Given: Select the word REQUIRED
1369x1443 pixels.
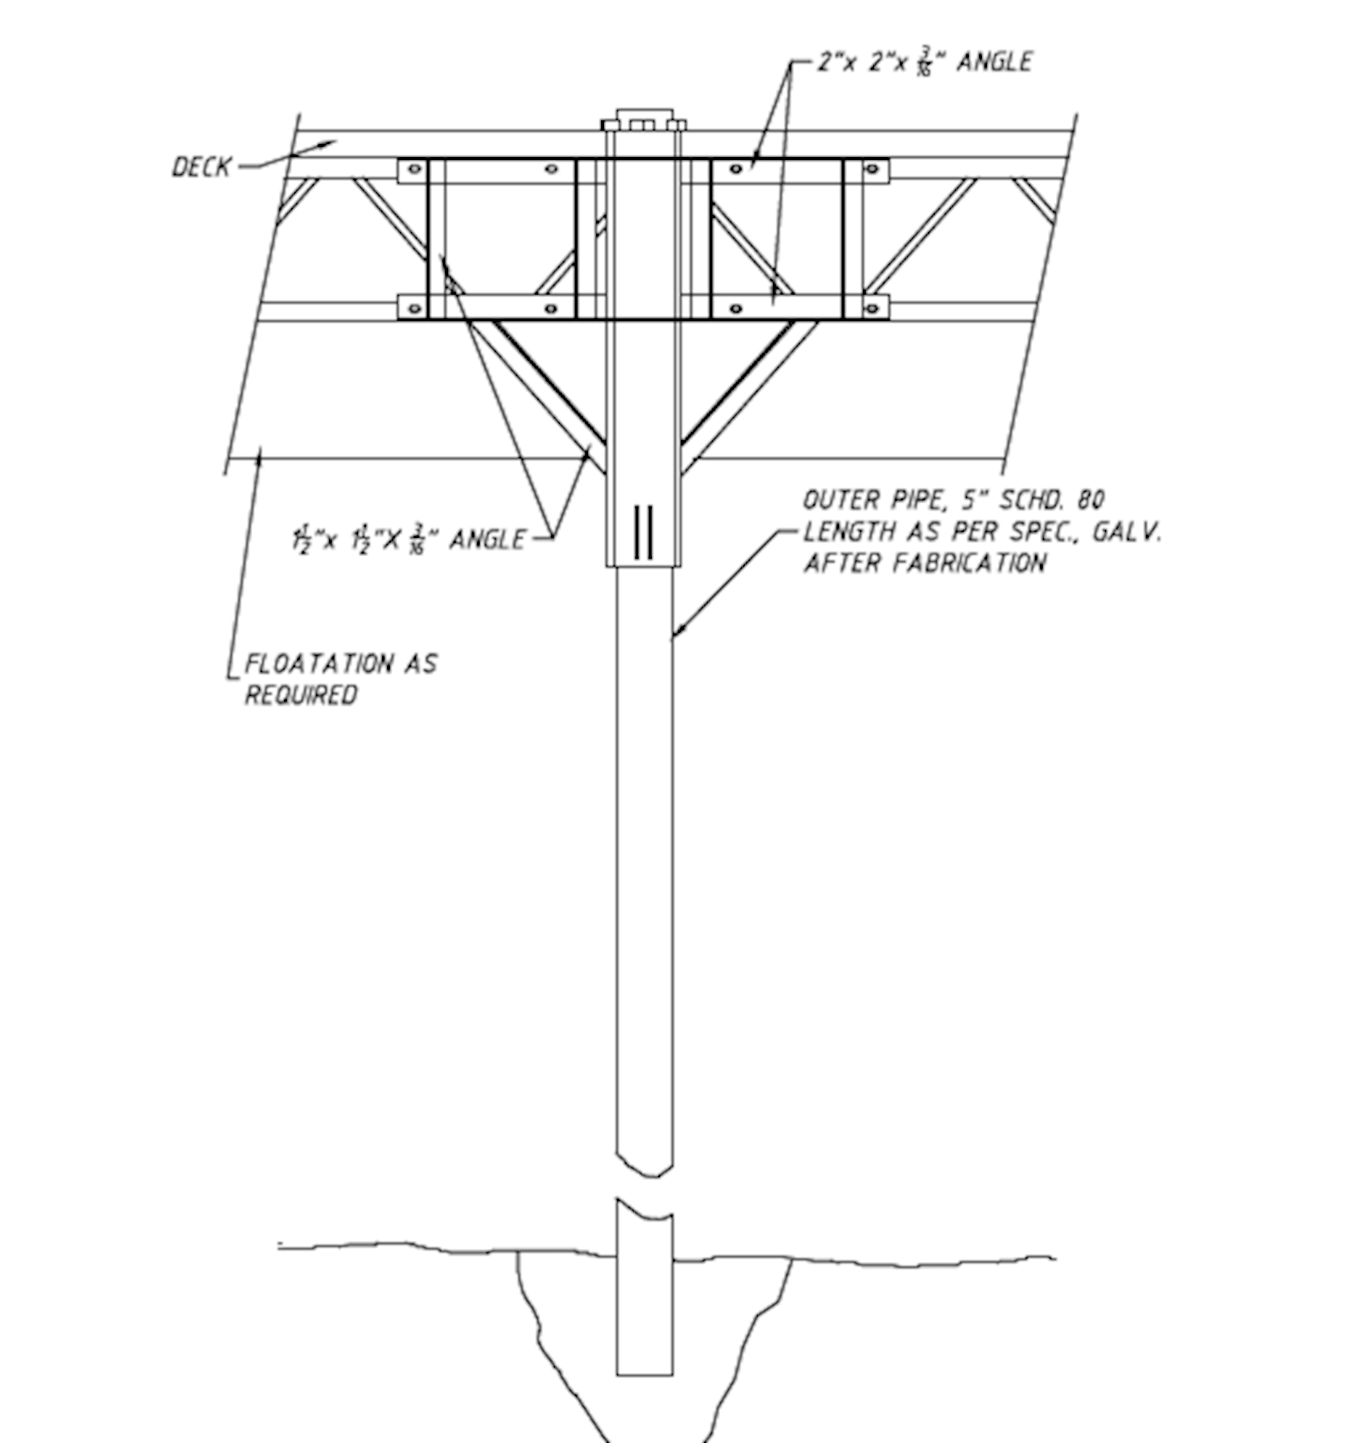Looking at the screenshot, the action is [301, 695].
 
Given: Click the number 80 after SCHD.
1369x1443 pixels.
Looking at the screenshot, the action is [1090, 500].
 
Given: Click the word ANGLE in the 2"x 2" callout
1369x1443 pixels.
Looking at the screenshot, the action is [994, 62].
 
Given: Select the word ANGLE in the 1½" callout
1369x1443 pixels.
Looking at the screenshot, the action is [487, 540].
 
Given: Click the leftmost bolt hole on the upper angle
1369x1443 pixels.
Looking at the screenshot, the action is [414, 169].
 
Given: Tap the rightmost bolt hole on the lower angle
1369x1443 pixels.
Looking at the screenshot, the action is [871, 309].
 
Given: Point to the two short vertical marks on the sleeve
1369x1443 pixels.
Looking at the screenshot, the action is [643, 532].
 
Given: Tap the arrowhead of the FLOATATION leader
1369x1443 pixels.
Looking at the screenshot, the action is [258, 454].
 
